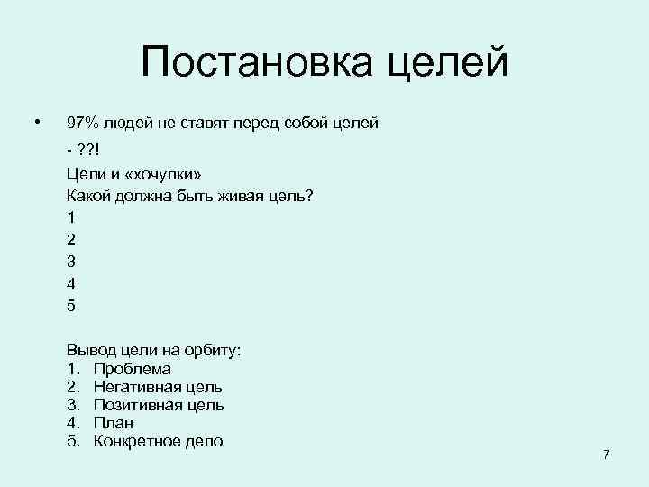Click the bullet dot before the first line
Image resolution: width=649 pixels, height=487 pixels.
point(36,120)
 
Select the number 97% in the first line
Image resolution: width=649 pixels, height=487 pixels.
point(84,123)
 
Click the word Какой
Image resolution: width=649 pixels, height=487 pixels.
point(88,196)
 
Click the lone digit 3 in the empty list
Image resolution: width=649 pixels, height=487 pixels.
point(71,262)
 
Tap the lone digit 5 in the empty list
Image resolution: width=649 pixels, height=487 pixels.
point(71,305)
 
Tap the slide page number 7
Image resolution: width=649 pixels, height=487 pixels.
point(606,454)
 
